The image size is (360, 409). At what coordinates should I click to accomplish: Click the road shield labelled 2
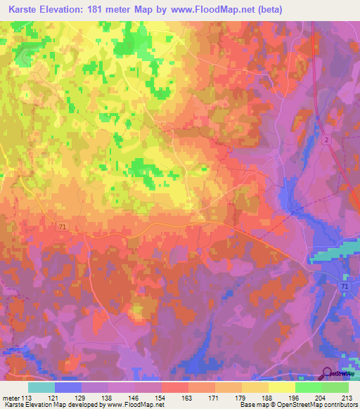328,141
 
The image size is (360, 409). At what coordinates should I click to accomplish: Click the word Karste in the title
24,9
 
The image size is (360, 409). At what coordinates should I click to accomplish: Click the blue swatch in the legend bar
68,387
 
